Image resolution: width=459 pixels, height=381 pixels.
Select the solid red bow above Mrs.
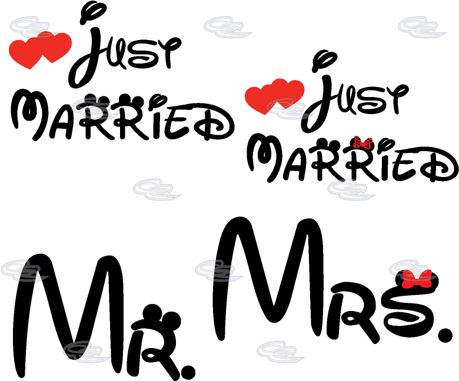(417, 279)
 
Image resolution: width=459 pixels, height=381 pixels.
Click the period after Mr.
(188, 372)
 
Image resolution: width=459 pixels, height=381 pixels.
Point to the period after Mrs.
(444, 335)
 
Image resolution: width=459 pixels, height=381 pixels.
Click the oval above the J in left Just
(93, 12)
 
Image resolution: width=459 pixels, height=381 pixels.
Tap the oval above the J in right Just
(324, 61)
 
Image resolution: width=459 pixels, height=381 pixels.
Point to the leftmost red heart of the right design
(261, 99)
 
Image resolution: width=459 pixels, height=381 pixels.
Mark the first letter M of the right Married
(264, 158)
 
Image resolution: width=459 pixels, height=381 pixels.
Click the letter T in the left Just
(168, 52)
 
